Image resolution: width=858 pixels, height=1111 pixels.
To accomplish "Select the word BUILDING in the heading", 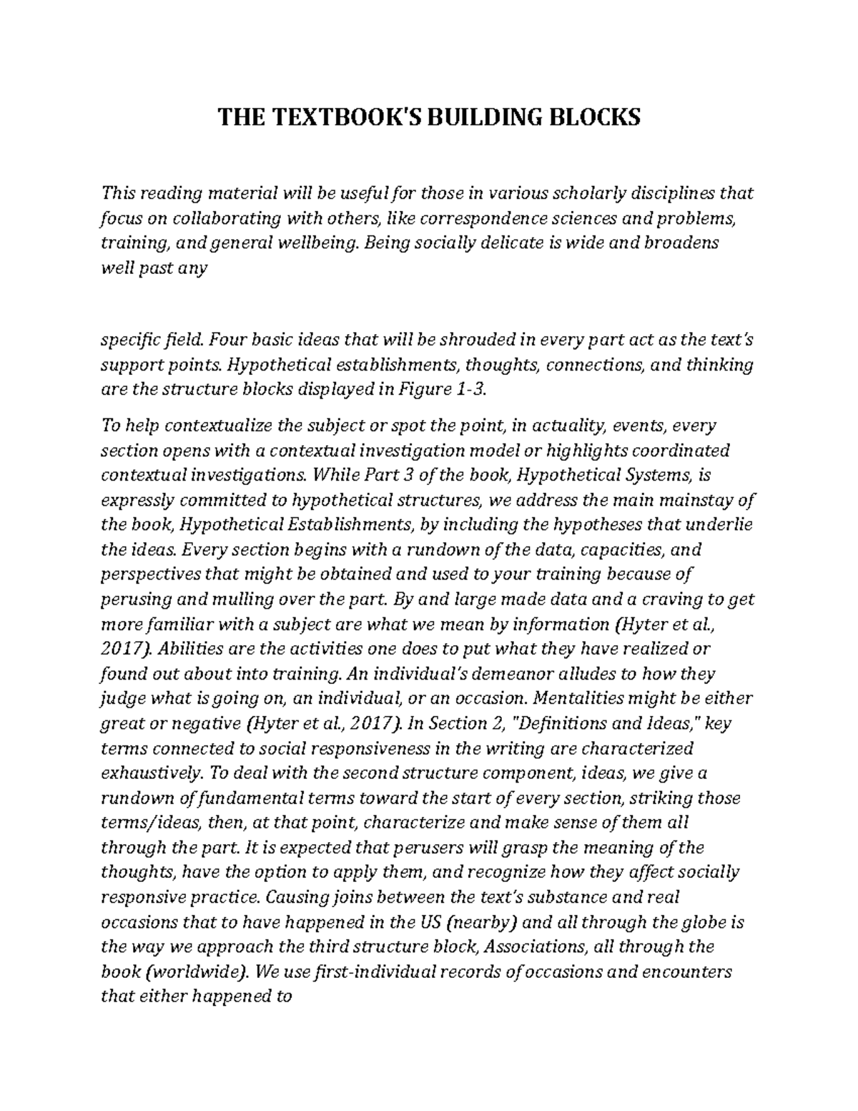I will [x=471, y=117].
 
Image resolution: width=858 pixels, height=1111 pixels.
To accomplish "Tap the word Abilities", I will [x=184, y=650].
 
